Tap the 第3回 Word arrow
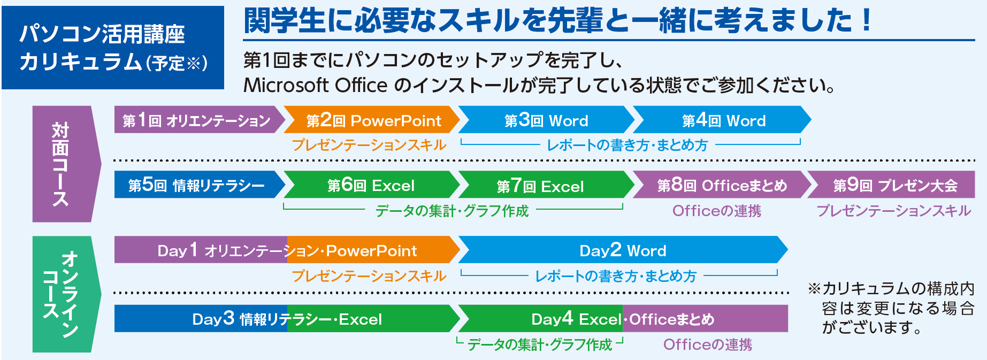(546, 119)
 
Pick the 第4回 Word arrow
(722, 119)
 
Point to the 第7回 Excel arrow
(546, 185)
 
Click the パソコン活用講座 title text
(102, 34)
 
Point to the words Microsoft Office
(316, 85)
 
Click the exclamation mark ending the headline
(866, 20)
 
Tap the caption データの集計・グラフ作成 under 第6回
(452, 211)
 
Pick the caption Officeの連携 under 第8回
(717, 211)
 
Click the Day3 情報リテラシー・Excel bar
(287, 319)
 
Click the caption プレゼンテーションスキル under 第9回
(894, 211)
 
